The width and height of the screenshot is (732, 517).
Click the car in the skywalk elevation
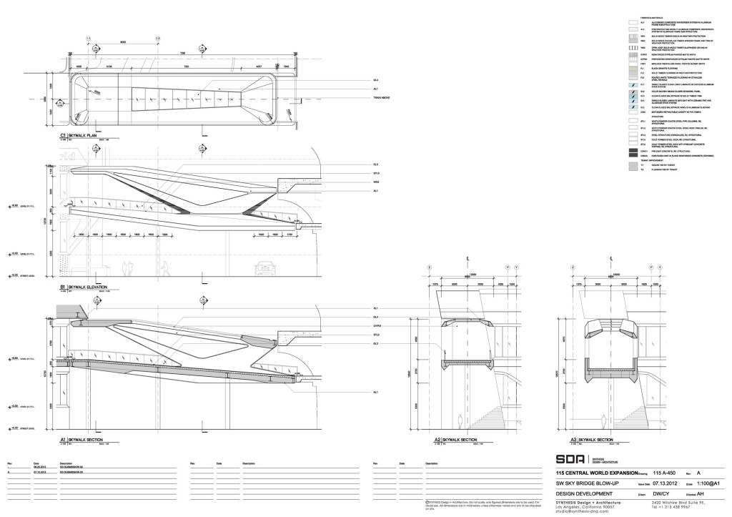click(264, 269)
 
